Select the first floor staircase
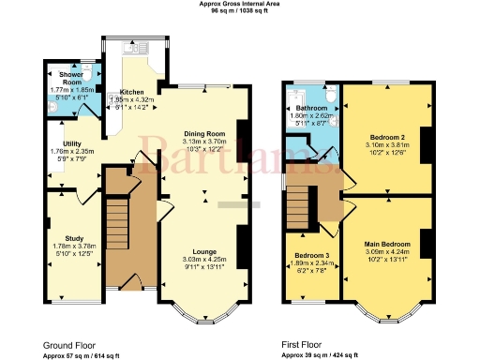pyautogui.click(x=298, y=202)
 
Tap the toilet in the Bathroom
pyautogui.click(x=329, y=94)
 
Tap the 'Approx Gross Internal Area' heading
pyautogui.click(x=240, y=4)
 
